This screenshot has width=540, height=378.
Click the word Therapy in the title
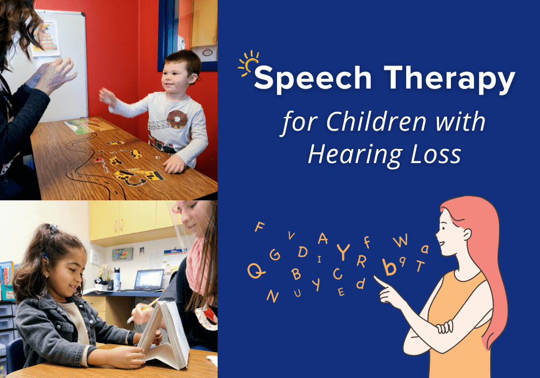pyautogui.click(x=441, y=80)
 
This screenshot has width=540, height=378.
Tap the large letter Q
pyautogui.click(x=256, y=269)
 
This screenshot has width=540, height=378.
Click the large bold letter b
pyautogui.click(x=388, y=266)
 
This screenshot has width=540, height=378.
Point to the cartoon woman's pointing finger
pyautogui.click(x=382, y=281)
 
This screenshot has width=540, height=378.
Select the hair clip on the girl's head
pyautogui.click(x=52, y=229)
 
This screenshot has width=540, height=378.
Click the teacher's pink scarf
pyautogui.click(x=194, y=259)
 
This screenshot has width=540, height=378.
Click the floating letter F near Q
pyautogui.click(x=260, y=227)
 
